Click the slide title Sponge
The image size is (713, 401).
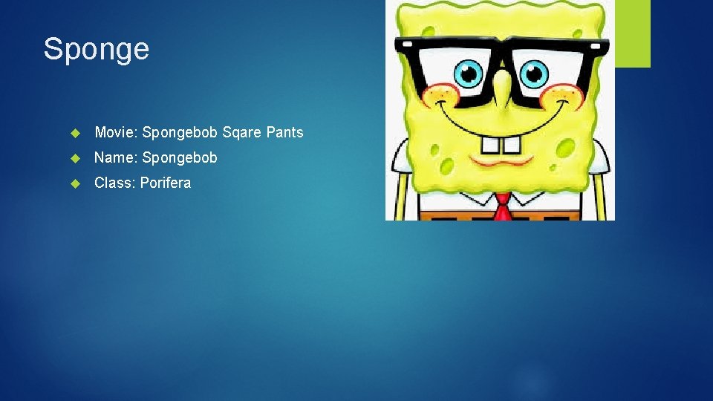click(x=97, y=49)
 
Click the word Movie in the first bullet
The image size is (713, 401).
click(x=114, y=132)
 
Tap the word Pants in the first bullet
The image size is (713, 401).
click(x=282, y=132)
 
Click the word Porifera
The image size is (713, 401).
click(x=165, y=183)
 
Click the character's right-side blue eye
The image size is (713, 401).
click(x=533, y=73)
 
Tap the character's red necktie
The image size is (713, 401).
click(x=503, y=208)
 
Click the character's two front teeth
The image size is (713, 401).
click(x=500, y=146)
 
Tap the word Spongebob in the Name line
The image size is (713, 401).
click(x=180, y=157)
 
